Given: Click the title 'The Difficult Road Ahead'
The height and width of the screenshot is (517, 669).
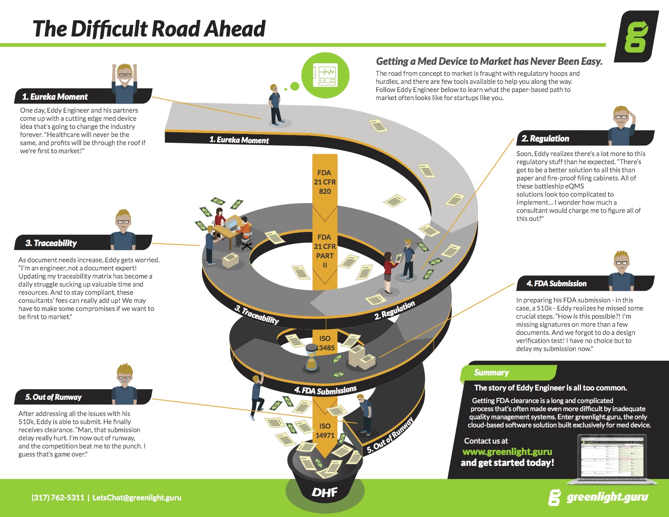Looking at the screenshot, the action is pyautogui.click(x=149, y=29).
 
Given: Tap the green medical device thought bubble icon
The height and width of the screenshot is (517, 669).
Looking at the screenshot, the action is pyautogui.click(x=325, y=75).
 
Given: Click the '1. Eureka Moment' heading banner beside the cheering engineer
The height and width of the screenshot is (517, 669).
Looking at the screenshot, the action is pyautogui.click(x=83, y=97).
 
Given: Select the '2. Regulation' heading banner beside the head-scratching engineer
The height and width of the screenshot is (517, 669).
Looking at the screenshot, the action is pyautogui.click(x=585, y=138).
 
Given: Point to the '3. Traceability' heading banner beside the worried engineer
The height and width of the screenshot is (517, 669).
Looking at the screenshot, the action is pyautogui.click(x=83, y=242).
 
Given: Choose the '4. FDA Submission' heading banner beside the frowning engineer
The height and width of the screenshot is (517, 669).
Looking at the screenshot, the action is pyautogui.click(x=585, y=283).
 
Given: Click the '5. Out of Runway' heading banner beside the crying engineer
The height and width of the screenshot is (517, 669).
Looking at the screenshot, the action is pyautogui.click(x=83, y=397).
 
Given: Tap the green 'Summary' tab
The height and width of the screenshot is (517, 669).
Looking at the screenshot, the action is pyautogui.click(x=508, y=373).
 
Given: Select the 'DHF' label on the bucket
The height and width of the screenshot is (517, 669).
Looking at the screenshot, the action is pyautogui.click(x=324, y=492).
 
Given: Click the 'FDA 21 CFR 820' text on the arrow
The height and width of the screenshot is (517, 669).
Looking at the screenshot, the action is pyautogui.click(x=325, y=182).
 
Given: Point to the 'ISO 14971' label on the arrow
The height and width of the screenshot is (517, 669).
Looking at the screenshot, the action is pyautogui.click(x=325, y=431).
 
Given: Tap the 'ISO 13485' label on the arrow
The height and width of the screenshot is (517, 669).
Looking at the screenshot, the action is pyautogui.click(x=325, y=343).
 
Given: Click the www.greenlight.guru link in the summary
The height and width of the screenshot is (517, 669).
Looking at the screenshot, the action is pyautogui.click(x=507, y=452).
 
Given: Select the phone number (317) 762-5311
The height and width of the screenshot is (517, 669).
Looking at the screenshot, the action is pyautogui.click(x=58, y=498).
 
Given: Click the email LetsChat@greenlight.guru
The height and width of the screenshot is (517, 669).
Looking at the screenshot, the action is pyautogui.click(x=137, y=498).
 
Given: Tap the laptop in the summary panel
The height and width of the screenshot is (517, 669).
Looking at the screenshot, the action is pyautogui.click(x=612, y=459).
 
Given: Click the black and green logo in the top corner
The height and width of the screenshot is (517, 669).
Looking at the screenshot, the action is pyautogui.click(x=637, y=36).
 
